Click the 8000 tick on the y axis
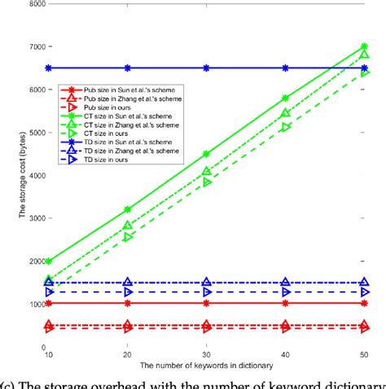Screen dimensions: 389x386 [34, 4]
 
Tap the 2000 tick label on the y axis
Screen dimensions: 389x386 [34, 261]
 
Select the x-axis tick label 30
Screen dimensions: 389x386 [206, 356]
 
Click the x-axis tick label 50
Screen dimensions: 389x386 [364, 356]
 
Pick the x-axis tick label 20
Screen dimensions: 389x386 [128, 356]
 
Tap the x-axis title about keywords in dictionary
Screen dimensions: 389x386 [207, 367]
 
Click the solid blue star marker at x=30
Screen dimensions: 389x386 [207, 68]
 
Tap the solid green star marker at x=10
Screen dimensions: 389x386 [49, 261]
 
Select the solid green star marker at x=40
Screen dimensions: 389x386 [285, 98]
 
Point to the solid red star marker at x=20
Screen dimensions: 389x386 [128, 303]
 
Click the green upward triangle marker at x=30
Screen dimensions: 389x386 [207, 171]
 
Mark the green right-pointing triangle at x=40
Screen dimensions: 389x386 [285, 127]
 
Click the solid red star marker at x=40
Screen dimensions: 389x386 [285, 303]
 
